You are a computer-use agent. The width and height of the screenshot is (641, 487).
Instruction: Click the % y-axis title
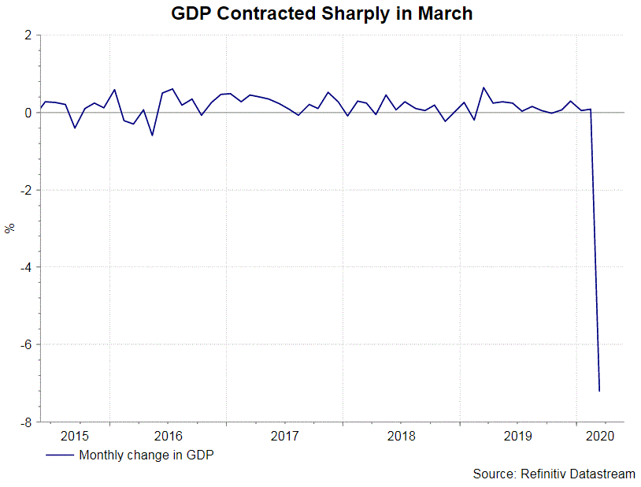coord(9,229)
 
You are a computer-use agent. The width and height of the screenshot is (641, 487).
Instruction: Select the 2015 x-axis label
coord(75,436)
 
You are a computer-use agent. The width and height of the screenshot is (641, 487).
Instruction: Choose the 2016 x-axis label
coord(168,436)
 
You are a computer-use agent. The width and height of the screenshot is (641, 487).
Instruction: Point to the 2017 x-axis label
coord(284,436)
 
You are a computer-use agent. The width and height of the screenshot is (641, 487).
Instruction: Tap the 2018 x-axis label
coord(401,436)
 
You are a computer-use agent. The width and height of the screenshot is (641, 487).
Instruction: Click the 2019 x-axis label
coord(517,436)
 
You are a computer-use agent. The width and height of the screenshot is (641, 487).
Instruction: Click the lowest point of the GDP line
coord(600,391)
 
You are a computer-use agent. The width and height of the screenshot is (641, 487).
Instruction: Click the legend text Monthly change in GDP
coord(146,455)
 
